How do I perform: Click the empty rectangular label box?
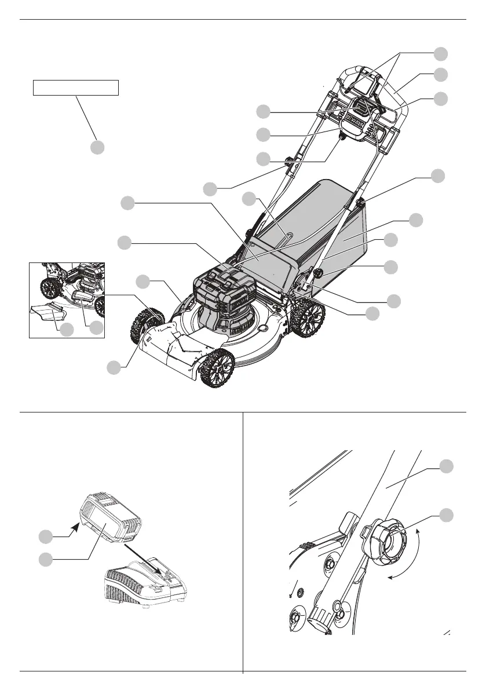tap(75, 87)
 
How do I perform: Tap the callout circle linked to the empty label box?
tap(97, 147)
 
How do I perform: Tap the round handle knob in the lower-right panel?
tap(383, 545)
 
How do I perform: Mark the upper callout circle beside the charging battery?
tap(46, 537)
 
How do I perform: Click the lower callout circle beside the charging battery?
tap(46, 559)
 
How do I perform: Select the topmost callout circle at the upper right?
tap(441, 53)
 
